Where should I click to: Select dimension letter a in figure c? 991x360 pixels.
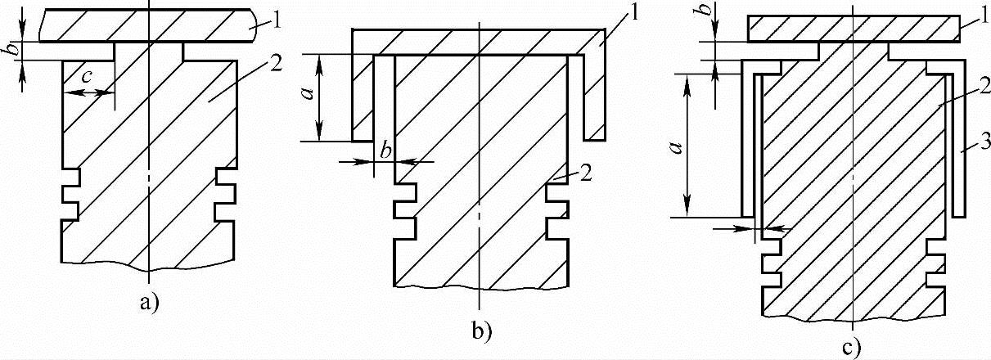[676, 148]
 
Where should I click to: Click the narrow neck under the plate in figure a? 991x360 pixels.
[150, 52]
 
